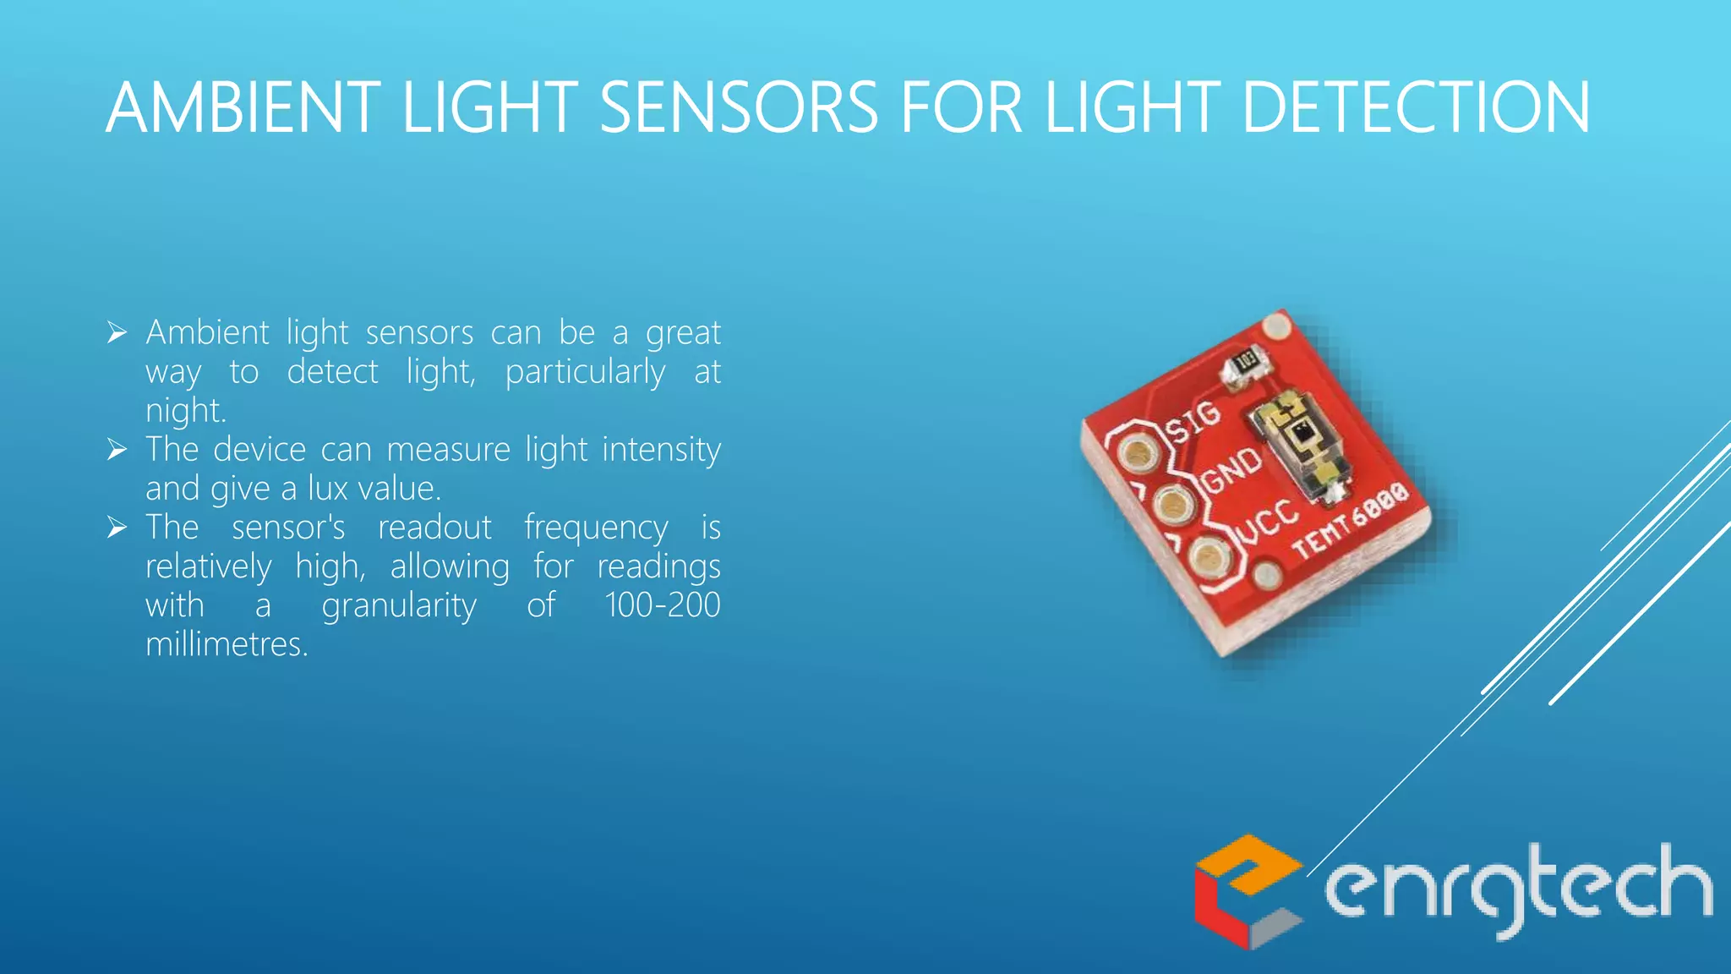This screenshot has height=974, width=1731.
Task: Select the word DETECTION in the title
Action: (x=1416, y=108)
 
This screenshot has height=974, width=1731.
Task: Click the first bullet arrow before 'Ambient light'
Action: (x=117, y=333)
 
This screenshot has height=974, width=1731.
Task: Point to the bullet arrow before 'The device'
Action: (x=117, y=450)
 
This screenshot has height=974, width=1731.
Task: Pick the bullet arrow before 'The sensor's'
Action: (x=117, y=528)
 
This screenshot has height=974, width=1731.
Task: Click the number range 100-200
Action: (x=662, y=605)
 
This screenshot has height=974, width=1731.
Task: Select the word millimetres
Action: (x=227, y=644)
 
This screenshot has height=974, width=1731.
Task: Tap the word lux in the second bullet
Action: (x=328, y=489)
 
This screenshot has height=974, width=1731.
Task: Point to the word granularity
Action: (x=399, y=606)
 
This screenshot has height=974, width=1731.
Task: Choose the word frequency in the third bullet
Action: (x=596, y=528)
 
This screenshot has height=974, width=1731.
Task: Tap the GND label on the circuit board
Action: (x=1231, y=469)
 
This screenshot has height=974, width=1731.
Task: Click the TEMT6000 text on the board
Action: (x=1351, y=520)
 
